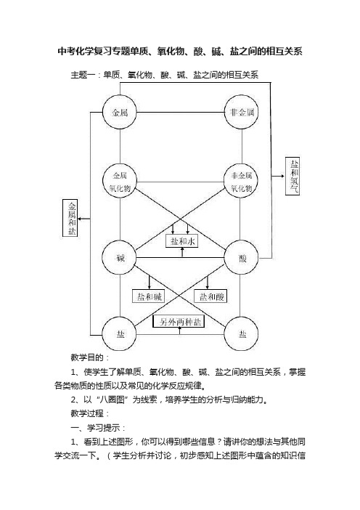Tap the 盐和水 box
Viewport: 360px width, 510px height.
tap(182, 241)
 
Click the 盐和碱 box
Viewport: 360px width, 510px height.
tap(149, 296)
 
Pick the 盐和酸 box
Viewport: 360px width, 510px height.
tap(210, 296)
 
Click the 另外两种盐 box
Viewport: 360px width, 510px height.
tap(179, 322)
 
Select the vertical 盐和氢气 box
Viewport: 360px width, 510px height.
tap(292, 176)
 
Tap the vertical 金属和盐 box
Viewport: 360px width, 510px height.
tap(70, 218)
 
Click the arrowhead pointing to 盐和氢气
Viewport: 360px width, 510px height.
tap(282, 176)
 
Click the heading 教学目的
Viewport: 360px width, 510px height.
tap(90, 357)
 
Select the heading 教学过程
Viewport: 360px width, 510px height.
tap(90, 413)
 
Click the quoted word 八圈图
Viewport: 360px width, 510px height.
tap(112, 400)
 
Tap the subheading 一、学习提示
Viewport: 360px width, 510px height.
tap(98, 428)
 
